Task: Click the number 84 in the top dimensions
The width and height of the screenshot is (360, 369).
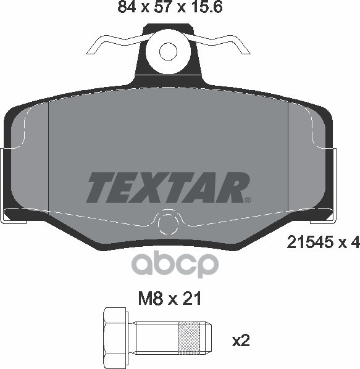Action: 126,8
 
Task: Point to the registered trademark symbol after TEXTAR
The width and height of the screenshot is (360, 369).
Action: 247,199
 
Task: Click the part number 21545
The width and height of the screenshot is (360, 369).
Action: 310,243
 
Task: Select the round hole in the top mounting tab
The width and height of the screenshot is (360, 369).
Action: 168,51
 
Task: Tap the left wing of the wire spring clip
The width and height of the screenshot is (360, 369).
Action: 111,43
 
